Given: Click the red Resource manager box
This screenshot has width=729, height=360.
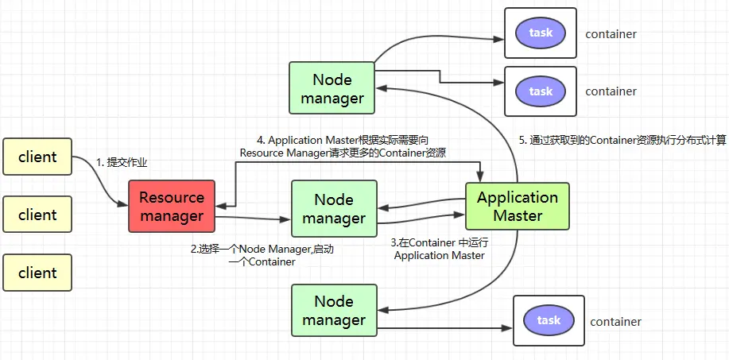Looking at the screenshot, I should (171, 206).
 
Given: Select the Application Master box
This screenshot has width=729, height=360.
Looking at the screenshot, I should (518, 206).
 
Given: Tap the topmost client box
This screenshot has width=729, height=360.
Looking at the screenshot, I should (37, 157).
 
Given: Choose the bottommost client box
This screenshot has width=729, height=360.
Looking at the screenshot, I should (37, 273).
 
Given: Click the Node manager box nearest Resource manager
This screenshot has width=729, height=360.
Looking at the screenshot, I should (333, 208).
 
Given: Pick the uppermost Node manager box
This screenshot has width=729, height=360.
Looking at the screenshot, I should (332, 89).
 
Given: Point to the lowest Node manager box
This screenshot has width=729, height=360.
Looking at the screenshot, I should (333, 310).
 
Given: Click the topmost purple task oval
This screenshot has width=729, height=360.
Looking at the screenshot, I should (541, 33).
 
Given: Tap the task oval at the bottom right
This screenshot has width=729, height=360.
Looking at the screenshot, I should (549, 320).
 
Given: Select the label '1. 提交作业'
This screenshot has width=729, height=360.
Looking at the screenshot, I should (122, 162).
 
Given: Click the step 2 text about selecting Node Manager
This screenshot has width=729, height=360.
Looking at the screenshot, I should (262, 255).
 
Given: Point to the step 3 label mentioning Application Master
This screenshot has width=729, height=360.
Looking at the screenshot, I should (439, 248).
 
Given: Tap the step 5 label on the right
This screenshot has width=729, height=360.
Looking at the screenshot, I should (622, 140).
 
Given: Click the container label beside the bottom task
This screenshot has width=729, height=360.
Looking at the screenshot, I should (615, 322).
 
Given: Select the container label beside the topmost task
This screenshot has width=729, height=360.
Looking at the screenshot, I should (611, 34).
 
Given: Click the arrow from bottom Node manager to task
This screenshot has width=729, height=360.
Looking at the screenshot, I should (441, 326).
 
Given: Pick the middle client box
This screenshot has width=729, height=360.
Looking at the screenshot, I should (37, 215).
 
